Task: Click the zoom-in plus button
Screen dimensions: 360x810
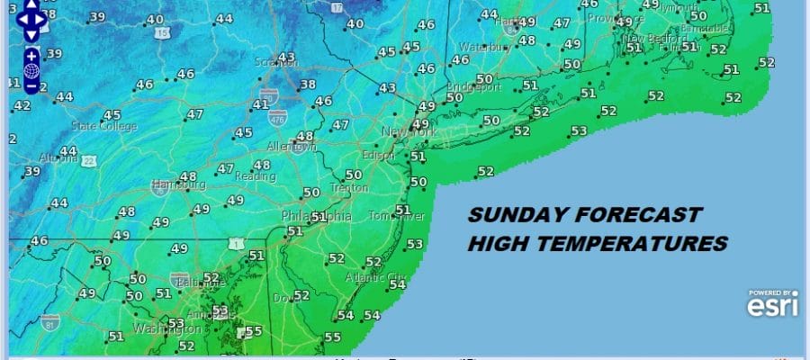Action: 31,55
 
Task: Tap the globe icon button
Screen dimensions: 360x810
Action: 31,70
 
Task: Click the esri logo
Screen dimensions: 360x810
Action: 773,307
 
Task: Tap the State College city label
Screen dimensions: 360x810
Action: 100,126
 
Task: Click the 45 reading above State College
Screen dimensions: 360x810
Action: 112,115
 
